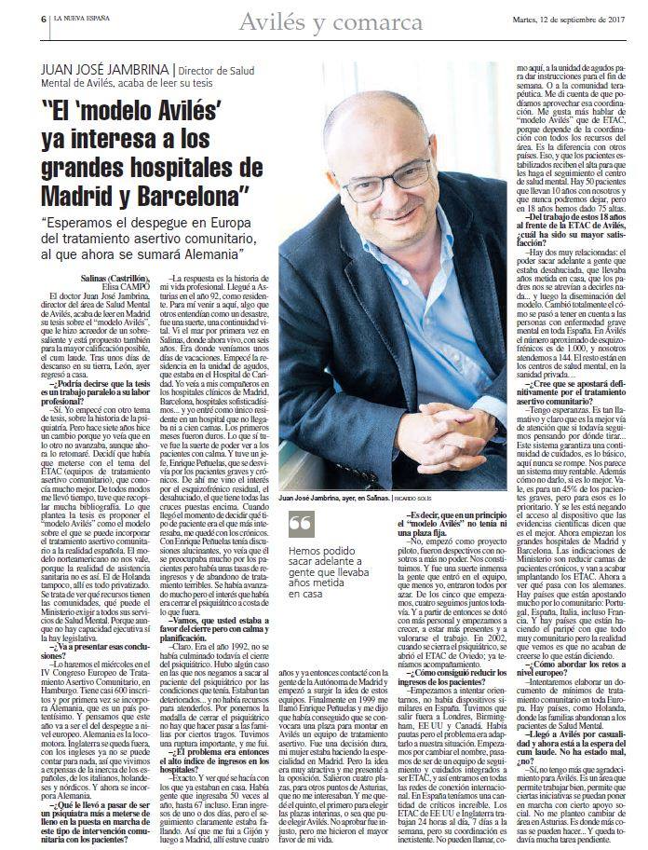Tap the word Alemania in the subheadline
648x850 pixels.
(207, 254)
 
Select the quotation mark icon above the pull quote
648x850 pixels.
(301, 525)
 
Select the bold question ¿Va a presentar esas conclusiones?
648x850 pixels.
(92, 623)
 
